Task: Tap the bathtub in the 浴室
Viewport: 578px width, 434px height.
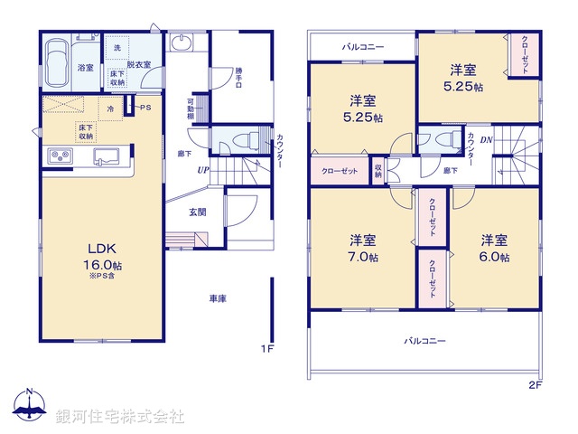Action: tap(58, 63)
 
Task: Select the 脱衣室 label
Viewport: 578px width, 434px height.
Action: tap(139, 65)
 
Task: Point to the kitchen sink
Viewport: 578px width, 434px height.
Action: tap(107, 156)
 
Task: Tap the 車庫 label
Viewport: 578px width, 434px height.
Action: tap(218, 297)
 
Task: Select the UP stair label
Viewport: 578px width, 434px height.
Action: tap(204, 169)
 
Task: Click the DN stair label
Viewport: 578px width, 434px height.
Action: tap(486, 139)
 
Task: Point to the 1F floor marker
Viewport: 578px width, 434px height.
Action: tap(267, 348)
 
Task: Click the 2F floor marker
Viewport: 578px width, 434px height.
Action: tap(536, 385)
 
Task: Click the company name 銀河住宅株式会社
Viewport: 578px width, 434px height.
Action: tap(119, 417)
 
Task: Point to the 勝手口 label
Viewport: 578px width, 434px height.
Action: tap(238, 76)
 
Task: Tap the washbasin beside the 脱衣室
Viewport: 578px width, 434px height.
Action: tap(181, 44)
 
